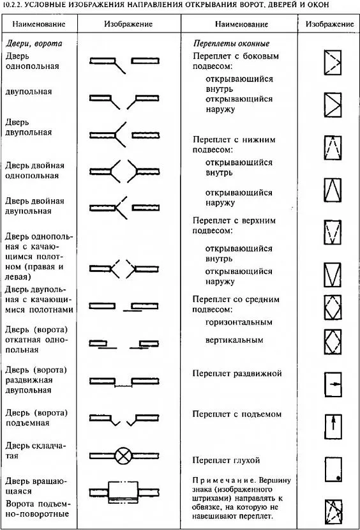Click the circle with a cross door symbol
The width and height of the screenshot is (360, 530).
[123, 456]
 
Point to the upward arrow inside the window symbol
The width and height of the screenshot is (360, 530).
[333, 423]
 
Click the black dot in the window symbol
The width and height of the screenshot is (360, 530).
[338, 478]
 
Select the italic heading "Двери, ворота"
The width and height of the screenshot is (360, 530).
[34, 43]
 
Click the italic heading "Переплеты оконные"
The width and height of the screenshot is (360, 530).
[232, 43]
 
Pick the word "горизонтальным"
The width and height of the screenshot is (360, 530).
[239, 322]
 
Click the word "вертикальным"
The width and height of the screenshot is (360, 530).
[234, 340]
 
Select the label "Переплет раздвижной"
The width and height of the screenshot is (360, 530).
[237, 374]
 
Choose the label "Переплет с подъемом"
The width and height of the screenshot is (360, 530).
[237, 414]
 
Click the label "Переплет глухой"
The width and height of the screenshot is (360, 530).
[226, 460]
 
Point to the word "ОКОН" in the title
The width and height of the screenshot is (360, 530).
[319, 4]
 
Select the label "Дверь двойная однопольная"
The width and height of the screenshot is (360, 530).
[35, 170]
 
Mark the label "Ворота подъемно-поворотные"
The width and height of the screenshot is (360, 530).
[38, 509]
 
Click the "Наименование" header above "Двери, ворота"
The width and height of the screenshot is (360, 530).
[38, 24]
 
